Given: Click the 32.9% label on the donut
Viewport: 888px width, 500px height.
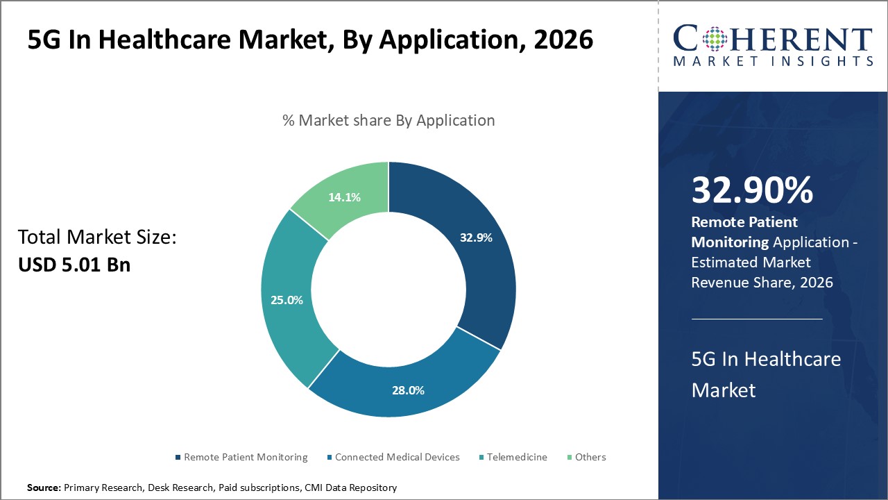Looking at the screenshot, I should (476, 237).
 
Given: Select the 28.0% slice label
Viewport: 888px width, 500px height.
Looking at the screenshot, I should (408, 390).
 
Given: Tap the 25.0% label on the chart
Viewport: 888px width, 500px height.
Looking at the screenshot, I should (287, 300).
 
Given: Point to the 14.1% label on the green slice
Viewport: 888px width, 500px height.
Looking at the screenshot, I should (344, 197).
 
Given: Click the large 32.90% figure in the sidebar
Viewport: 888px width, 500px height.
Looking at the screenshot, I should (752, 190).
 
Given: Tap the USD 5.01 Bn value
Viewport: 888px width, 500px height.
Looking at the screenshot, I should (74, 265).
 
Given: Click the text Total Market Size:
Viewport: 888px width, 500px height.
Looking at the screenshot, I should (97, 237).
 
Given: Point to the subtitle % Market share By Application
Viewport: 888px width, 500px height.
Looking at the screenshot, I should (388, 120).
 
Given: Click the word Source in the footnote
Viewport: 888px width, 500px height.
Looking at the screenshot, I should (44, 487).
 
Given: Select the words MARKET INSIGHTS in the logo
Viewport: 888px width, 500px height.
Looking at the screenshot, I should (773, 61).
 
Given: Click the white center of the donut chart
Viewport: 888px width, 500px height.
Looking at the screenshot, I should (388, 290).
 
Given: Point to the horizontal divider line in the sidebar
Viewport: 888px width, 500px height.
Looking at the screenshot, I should (757, 319).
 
